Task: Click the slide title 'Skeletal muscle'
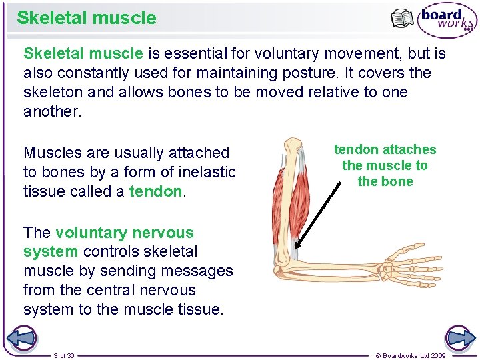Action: click(x=86, y=18)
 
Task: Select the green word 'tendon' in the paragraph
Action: click(x=155, y=191)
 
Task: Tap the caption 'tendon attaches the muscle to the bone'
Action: click(x=385, y=165)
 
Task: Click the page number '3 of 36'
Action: click(x=64, y=355)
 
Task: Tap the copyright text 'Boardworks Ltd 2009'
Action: click(x=414, y=355)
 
